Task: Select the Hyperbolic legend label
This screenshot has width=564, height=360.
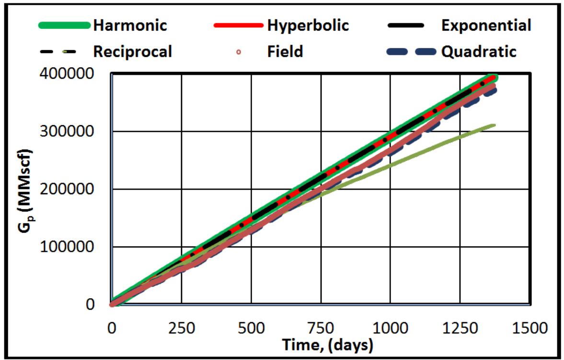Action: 308,25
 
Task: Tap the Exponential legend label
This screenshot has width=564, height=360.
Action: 486,25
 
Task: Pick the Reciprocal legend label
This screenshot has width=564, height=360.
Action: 132,51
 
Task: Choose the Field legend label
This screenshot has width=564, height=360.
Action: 285,51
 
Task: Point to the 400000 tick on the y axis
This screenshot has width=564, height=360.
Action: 81,74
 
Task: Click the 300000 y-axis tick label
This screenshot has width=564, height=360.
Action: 81,132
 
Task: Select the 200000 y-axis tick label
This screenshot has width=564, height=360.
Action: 81,189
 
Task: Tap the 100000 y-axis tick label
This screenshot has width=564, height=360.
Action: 81,247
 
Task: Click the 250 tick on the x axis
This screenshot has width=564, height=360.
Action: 181,328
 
